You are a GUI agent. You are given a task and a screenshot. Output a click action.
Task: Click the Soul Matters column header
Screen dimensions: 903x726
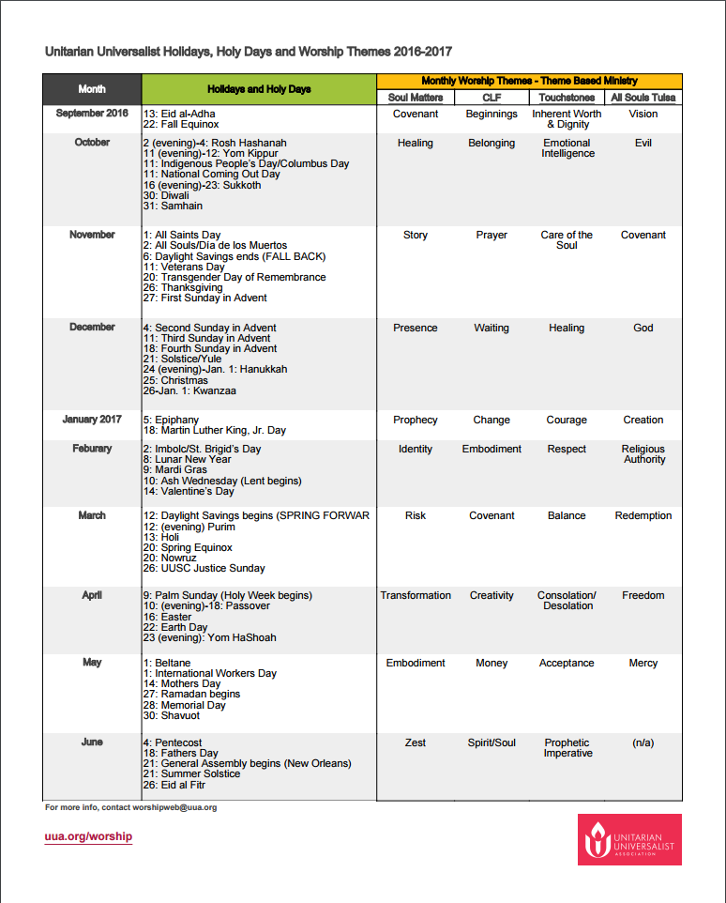point(416,98)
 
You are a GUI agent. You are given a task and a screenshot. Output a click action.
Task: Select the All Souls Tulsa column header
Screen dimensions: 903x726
point(643,98)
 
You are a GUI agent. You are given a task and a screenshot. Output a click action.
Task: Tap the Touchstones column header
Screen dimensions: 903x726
point(567,98)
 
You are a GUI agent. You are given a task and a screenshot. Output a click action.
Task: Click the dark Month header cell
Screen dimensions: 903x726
point(92,89)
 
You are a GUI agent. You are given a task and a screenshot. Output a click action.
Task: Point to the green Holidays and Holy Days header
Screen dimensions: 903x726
point(259,89)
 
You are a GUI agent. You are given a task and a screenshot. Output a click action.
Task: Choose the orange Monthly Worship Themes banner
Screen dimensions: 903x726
point(529,82)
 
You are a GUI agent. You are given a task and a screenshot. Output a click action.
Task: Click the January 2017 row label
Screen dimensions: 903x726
point(92,420)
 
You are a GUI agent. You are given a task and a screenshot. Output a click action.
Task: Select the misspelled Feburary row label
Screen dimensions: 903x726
point(92,449)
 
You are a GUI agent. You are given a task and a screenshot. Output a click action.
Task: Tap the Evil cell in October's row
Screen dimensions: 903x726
point(643,144)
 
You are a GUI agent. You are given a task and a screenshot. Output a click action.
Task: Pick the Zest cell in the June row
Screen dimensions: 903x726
point(416,742)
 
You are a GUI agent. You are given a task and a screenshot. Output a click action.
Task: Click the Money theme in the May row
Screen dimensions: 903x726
point(492,663)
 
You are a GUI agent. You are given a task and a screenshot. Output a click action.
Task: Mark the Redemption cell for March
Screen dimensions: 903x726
point(643,515)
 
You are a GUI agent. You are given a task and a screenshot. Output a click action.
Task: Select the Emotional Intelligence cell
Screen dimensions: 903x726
point(567,148)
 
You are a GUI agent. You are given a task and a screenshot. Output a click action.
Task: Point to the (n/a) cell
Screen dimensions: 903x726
point(643,742)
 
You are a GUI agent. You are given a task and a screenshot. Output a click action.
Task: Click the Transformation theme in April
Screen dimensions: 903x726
point(416,595)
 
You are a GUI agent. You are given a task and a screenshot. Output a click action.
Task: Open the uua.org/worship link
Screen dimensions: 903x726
point(88,836)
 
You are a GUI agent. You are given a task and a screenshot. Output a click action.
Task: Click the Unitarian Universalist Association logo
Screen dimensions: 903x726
point(629,839)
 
